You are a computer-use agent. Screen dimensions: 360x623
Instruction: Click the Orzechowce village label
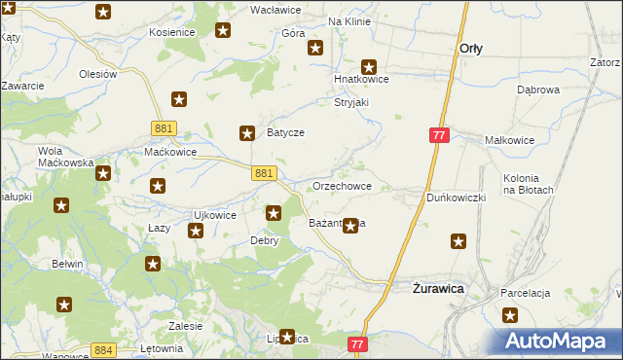[x=341, y=185]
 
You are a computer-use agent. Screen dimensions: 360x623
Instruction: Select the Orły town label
[x=471, y=47]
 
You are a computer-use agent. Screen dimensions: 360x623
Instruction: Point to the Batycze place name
[x=286, y=133]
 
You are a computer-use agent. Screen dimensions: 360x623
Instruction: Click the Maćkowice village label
[x=170, y=152]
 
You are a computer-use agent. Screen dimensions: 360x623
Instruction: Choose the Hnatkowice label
[x=362, y=80]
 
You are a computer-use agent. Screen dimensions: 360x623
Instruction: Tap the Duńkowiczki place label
[x=456, y=197]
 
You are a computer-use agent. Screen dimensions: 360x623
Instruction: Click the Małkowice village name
[x=509, y=140]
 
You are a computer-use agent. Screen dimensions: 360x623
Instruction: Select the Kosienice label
[x=172, y=32]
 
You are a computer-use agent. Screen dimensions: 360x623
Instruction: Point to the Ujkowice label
[x=215, y=215]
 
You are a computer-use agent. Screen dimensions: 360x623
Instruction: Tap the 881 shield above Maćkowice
[x=164, y=127]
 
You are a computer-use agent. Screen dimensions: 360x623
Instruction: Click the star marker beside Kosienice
[x=223, y=31]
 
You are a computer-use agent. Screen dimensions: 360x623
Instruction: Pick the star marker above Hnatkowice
[x=369, y=64]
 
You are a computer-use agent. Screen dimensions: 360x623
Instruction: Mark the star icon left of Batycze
[x=247, y=132]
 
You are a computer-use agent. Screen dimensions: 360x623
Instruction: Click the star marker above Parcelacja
[x=511, y=314]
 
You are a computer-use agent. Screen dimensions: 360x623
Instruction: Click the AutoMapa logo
[x=557, y=341]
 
